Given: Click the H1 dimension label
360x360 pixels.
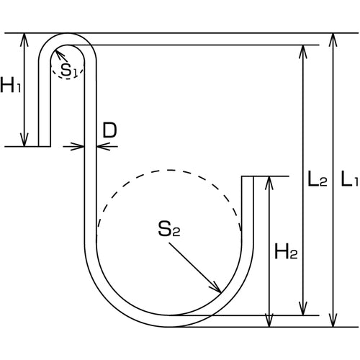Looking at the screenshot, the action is pos(11,85).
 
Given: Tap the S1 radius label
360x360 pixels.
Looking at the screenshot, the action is pos(68,70).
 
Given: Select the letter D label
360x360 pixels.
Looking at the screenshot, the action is pos(109,130).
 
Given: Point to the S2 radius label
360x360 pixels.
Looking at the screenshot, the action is pos(169,229).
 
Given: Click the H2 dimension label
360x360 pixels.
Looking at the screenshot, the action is pos(286,251).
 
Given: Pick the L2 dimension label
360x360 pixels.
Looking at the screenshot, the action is pos(318,179).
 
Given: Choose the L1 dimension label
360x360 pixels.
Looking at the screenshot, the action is pos(349,179).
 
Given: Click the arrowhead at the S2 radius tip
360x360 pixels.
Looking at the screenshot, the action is pos(216,288).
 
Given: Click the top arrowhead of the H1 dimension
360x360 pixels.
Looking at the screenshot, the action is pos(24,40).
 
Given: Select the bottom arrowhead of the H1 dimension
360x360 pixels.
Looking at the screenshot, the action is pos(24,140).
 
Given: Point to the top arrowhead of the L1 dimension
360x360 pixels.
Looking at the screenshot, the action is pos(333,40).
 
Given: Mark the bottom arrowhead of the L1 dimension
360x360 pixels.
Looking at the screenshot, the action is pos(333,320).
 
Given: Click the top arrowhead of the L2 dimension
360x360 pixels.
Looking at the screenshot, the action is pos(303,52).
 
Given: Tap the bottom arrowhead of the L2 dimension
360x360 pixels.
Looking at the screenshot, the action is pos(303,309).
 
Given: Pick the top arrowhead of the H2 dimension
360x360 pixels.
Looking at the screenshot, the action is pos(269,183).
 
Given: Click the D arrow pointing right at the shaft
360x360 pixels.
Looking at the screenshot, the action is pos(77,146).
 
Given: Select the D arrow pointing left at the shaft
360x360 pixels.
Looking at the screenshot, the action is pos(103,146).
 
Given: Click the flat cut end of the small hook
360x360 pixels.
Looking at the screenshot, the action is pos(45,146).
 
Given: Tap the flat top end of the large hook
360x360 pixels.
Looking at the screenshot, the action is pos(247,176).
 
